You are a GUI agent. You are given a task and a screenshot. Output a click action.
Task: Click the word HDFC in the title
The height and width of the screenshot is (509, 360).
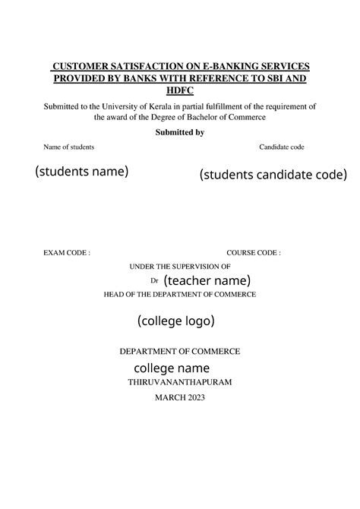pos(180,90)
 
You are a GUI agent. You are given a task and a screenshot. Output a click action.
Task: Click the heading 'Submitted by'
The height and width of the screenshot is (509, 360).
pos(180,132)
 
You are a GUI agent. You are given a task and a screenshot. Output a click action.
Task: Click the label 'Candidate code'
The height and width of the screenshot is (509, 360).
pos(282,147)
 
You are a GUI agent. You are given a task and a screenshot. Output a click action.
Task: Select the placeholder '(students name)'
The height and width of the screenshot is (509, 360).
pos(81,172)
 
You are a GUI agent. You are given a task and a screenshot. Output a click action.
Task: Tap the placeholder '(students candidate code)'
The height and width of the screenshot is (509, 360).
pos(273,175)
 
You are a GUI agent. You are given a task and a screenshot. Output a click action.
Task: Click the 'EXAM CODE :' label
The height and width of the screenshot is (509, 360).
pos(67,253)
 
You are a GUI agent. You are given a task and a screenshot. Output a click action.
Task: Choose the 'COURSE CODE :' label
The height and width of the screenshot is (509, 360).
pos(254,253)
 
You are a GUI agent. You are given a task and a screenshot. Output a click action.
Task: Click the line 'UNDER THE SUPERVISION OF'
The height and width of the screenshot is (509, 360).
pos(180,267)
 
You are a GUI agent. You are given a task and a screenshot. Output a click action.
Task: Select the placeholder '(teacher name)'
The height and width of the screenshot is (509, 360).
pos(207,280)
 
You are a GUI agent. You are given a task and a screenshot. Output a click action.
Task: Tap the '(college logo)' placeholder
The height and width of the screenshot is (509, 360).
pos(176,321)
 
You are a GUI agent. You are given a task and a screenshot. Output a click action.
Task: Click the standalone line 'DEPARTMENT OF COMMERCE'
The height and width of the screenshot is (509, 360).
pos(180,352)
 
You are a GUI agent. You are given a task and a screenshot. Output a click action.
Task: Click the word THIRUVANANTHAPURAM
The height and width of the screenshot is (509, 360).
pos(180,381)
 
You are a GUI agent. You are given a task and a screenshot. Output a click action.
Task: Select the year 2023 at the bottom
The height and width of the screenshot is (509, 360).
pos(194,397)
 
